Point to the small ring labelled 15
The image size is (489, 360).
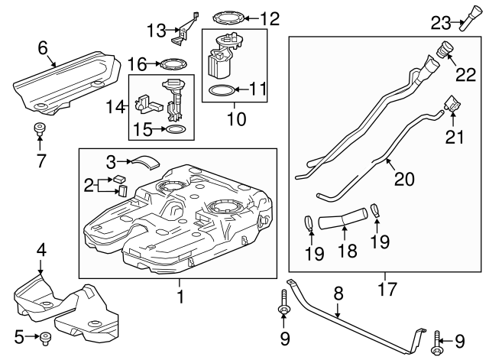click(x=175, y=131)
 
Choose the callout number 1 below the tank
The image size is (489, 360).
click(x=180, y=293)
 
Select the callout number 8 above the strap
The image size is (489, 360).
click(x=337, y=292)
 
